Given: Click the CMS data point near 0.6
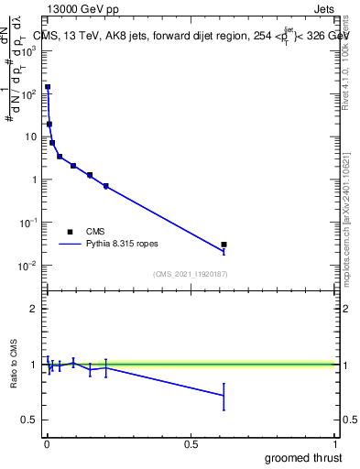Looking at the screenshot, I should coord(224,245).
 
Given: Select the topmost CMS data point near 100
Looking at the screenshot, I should coord(48,87).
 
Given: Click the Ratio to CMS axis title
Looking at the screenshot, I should coord(15,364).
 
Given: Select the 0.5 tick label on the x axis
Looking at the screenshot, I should coord(191,444).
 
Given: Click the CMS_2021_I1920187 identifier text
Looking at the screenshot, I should coord(191,274).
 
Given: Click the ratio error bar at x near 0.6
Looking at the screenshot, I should coord(224,397).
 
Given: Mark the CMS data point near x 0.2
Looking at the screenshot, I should coord(106,186).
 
